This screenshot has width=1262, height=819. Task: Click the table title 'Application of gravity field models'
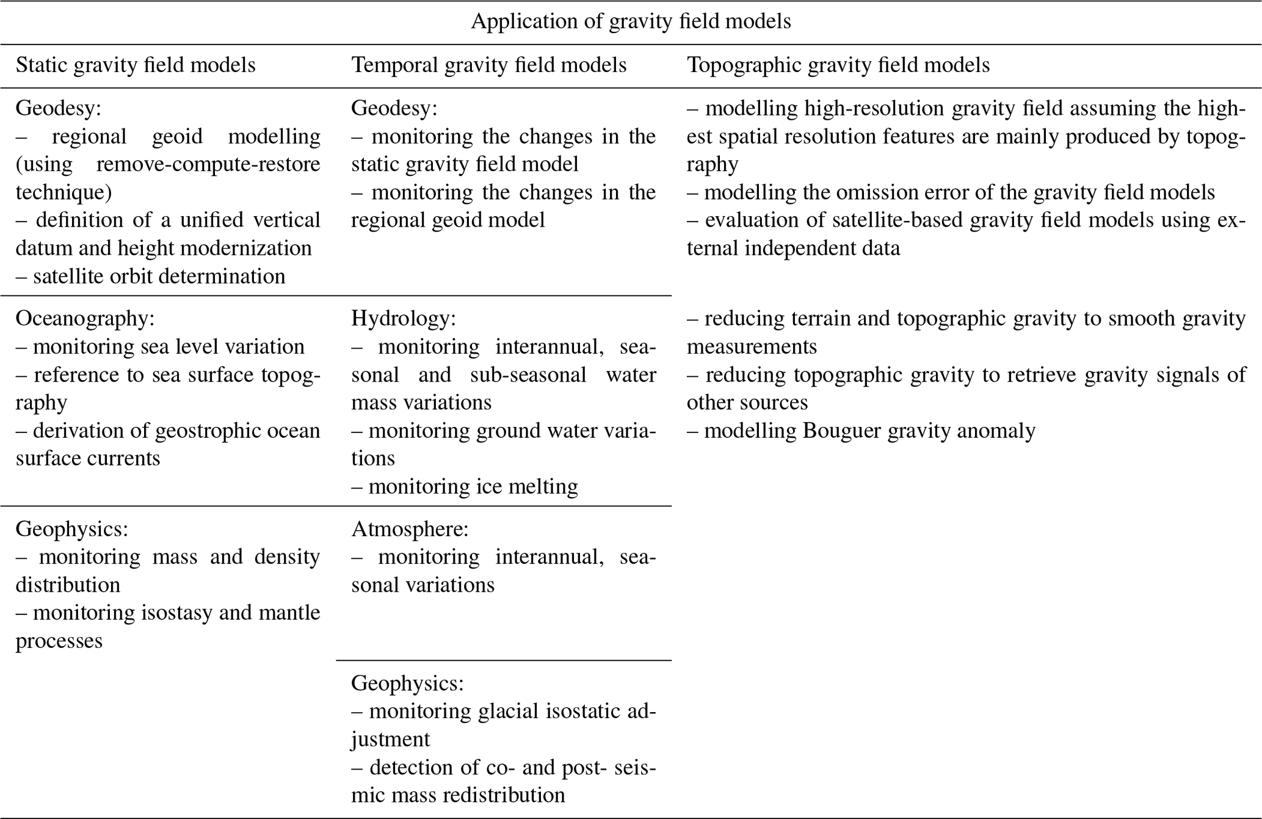(631, 21)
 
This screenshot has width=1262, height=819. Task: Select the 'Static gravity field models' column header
(136, 65)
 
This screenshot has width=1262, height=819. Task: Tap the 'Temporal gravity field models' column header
(488, 65)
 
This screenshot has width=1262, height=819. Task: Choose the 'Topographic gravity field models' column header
(838, 65)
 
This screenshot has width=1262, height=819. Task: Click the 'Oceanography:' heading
(85, 318)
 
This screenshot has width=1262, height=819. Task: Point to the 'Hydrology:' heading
(404, 318)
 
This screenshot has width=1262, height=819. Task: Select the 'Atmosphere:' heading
(410, 529)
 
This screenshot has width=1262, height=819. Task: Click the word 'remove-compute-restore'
(208, 164)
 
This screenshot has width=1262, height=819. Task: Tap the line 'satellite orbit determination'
(159, 276)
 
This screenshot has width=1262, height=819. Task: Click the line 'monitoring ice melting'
(473, 487)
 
